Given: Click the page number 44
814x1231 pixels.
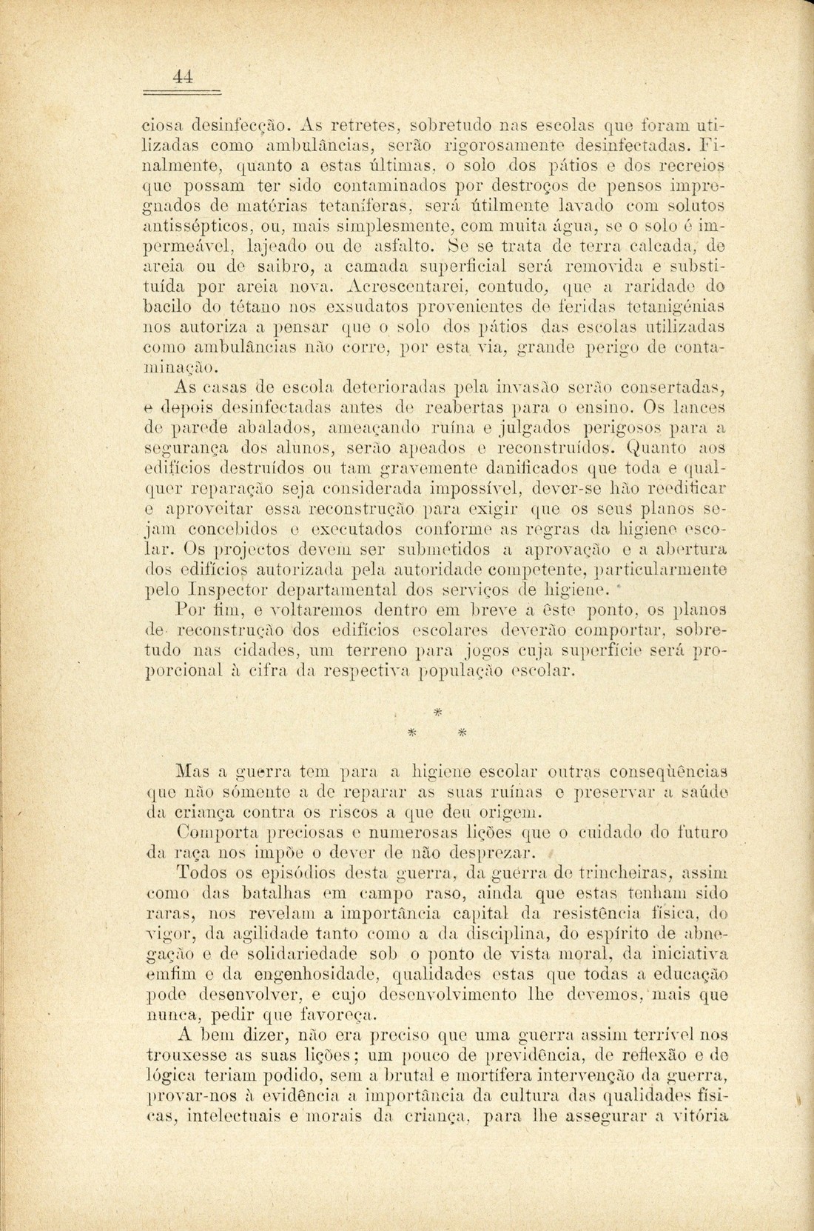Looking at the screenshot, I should click(183, 76).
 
